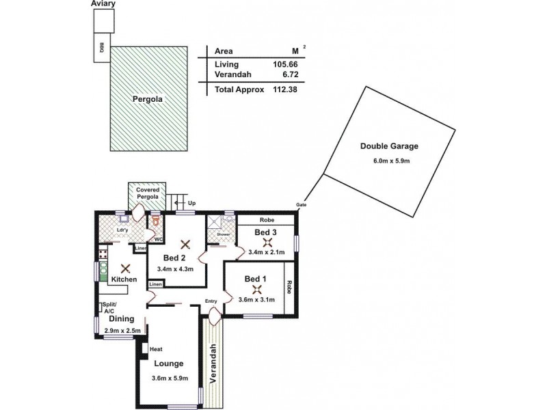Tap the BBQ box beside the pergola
click(x=102, y=48)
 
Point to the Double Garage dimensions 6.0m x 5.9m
click(x=390, y=161)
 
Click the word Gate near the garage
click(x=301, y=205)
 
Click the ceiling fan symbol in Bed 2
click(x=183, y=243)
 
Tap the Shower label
click(x=223, y=234)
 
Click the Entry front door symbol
click(x=215, y=315)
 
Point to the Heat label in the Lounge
click(x=157, y=348)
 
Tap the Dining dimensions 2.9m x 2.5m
click(x=122, y=331)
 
